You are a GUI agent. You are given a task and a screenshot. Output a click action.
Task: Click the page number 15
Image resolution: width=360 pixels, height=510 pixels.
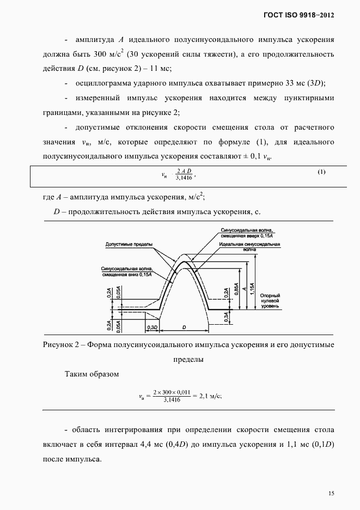331,494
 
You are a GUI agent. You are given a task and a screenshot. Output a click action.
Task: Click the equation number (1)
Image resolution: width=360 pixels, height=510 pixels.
321,172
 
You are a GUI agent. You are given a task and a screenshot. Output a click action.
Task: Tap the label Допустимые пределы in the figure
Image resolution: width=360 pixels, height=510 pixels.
129,245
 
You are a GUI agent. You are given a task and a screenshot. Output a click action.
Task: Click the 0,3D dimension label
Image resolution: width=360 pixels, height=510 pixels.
152,327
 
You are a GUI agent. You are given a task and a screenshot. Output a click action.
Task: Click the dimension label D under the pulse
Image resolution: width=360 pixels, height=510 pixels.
184,327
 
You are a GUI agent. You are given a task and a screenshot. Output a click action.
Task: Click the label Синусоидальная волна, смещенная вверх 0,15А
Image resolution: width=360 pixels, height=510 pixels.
251,233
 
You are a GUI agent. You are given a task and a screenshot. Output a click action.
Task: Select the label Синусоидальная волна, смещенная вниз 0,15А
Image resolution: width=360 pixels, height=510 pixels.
126,271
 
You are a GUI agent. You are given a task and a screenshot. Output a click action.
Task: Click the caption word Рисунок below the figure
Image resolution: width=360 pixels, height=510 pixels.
54,345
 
